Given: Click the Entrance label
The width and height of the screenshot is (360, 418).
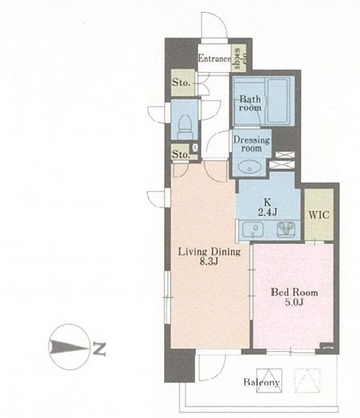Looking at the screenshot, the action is [x=214, y=59].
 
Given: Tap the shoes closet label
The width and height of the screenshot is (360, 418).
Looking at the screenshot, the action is [x=239, y=59].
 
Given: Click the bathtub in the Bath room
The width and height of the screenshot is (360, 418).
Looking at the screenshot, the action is [x=277, y=100].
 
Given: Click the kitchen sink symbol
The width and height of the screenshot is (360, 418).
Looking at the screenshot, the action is [x=253, y=229].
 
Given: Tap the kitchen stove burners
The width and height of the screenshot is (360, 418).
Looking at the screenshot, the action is [x=286, y=229].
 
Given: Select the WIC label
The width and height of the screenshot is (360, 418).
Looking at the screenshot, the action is [x=319, y=215].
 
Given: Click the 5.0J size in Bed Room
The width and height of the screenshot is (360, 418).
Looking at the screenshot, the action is [x=294, y=302].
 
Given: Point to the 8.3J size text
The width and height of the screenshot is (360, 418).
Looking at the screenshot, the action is [x=209, y=262].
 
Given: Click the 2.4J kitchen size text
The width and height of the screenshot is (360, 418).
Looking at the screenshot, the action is [x=268, y=212].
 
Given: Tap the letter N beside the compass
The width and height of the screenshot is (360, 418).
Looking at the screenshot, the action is [x=99, y=348].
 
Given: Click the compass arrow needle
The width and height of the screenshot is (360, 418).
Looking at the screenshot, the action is [x=69, y=347].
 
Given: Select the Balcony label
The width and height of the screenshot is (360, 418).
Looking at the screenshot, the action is [x=262, y=382].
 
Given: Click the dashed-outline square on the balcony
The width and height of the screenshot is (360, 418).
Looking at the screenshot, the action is [x=308, y=381].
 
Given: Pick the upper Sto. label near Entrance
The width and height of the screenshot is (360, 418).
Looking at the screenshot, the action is [x=181, y=83].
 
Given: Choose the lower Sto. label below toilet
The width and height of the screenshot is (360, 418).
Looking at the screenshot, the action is [x=181, y=154].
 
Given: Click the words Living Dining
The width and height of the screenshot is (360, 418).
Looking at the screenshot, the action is [x=209, y=252].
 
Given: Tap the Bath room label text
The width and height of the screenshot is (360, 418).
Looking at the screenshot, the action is [x=250, y=103].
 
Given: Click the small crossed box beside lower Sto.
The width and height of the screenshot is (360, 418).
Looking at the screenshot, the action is [x=195, y=147].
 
